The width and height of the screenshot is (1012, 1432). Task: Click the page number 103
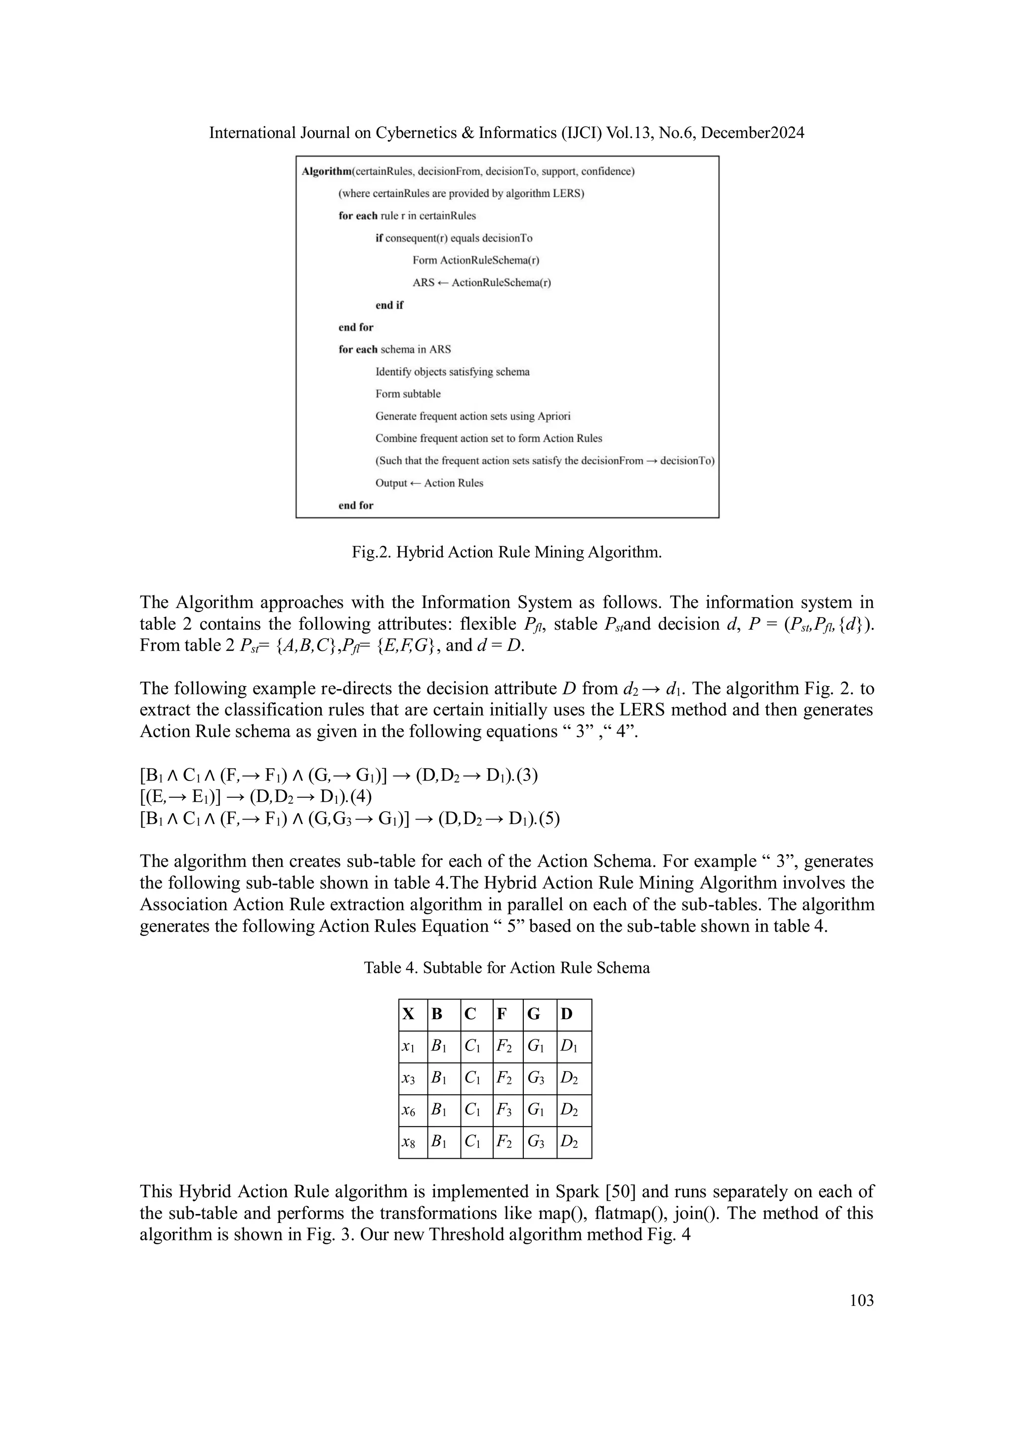[861, 1301]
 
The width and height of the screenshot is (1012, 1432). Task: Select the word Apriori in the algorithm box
[550, 416]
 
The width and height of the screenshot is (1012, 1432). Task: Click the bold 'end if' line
[389, 305]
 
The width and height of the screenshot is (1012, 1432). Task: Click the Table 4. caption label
[391, 967]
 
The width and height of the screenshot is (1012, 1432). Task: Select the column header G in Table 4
[534, 1015]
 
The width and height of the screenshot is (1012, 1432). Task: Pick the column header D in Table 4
[566, 1015]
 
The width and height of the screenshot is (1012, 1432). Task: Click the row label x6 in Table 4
[409, 1111]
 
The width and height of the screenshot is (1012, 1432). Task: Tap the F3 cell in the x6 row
[504, 1111]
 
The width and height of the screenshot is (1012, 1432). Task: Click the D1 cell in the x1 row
[569, 1046]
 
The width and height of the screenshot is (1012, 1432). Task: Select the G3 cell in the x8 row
[536, 1143]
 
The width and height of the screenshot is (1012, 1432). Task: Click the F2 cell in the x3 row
[504, 1079]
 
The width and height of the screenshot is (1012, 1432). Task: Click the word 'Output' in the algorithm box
[391, 483]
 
